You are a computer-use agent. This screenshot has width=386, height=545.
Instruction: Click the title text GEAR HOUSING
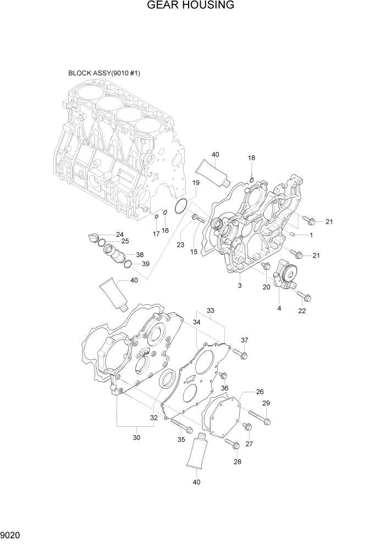pos(191,5)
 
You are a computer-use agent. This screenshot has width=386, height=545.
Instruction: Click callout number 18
pos(251,158)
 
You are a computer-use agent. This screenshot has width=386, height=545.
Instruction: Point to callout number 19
pos(195,182)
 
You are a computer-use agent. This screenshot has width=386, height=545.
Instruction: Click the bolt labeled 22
pos(304,297)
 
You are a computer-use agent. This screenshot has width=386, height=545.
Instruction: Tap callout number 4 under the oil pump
pos(279,309)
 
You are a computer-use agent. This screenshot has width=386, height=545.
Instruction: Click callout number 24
pos(119,235)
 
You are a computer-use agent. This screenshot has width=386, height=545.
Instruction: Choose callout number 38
pos(140,255)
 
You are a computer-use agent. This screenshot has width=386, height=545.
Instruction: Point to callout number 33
pos(210,310)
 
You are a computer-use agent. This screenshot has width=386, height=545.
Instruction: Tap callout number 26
pos(260,392)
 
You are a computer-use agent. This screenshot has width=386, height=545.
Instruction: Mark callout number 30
pos(137,437)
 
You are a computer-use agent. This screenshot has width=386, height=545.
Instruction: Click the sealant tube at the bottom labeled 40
pos(196,453)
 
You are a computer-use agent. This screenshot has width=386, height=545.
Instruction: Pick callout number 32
pos(154,418)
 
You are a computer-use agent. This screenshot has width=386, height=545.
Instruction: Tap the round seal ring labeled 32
pos(168,380)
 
